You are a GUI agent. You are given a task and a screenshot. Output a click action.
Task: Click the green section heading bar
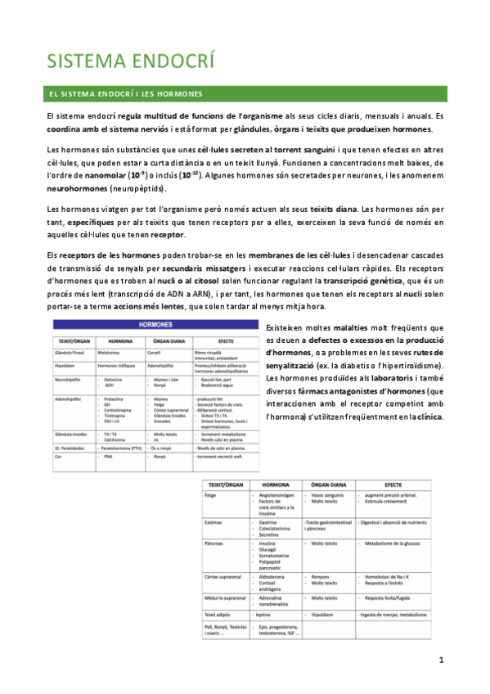coord(246,94)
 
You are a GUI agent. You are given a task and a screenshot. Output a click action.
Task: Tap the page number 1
coord(441,660)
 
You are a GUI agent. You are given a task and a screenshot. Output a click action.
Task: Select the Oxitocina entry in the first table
coord(115,380)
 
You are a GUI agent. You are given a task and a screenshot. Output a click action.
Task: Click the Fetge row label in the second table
coord(215,495)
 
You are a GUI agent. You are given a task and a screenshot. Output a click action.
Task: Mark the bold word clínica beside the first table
coord(427,417)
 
